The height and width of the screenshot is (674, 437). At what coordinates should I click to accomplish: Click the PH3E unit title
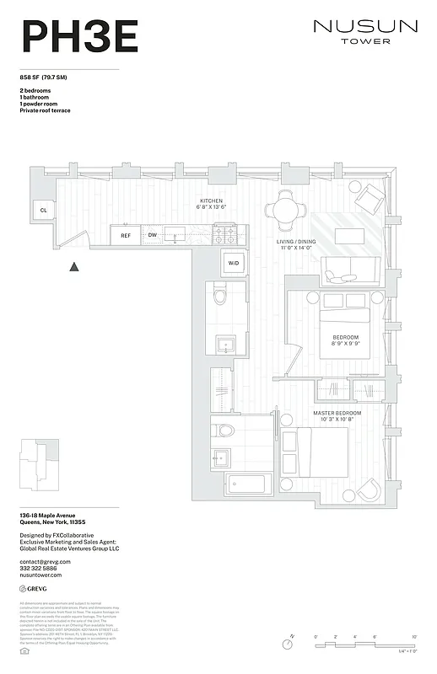point(79,37)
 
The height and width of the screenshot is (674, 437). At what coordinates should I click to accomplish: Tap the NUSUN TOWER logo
point(364,31)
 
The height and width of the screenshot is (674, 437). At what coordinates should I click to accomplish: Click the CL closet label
point(42,210)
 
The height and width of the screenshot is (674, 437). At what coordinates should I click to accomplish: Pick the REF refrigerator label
point(126,236)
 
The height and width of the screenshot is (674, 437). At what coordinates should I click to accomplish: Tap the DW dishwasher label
point(153,236)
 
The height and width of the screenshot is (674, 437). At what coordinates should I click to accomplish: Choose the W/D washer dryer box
point(233,263)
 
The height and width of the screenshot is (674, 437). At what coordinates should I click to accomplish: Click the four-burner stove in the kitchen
point(224,234)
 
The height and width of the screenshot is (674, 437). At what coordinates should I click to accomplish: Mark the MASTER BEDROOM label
point(337,413)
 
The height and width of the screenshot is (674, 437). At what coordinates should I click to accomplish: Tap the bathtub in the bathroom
point(250,484)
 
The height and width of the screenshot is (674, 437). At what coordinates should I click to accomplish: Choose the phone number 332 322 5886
point(40,569)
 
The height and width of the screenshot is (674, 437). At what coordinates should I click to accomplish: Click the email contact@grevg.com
point(46,561)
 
